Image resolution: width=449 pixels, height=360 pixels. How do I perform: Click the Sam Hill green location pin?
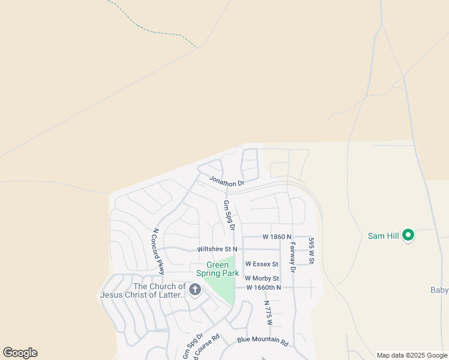[x=408, y=235]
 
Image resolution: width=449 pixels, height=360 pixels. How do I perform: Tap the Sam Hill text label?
[x=384, y=236]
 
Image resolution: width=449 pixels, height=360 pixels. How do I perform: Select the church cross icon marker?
[x=194, y=290]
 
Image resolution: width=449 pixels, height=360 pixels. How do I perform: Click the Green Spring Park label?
[x=223, y=269]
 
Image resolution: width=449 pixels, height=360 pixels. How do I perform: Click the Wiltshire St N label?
[x=217, y=249]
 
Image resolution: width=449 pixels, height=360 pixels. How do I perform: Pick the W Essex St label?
[x=262, y=264]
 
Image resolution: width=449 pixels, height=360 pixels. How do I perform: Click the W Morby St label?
[x=262, y=278]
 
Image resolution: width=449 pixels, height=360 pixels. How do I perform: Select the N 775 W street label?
[x=268, y=313]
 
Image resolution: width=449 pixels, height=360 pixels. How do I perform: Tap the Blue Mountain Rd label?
[x=262, y=343]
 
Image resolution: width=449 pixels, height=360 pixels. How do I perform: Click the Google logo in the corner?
[x=20, y=353]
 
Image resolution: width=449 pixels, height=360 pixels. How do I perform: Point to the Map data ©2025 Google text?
[x=412, y=355]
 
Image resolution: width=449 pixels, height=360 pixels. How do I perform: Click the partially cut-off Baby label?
[x=439, y=290]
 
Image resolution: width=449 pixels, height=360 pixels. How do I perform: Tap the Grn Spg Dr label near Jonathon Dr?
[x=228, y=215]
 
